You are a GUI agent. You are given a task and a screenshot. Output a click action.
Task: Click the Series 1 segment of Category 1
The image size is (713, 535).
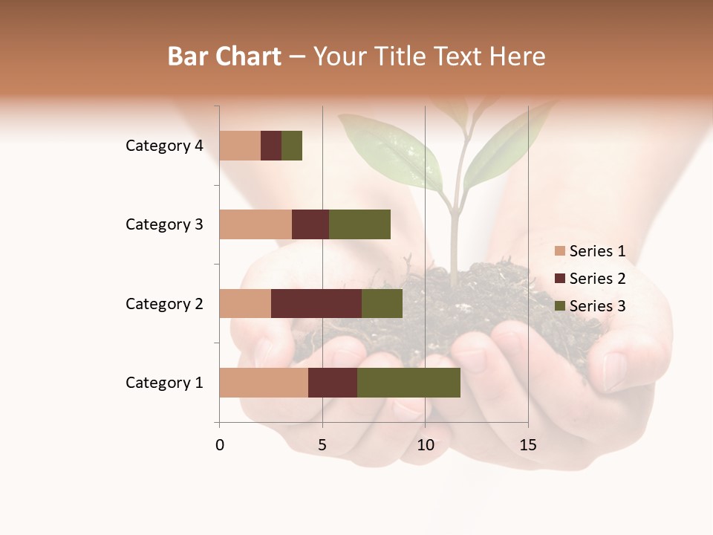(264, 383)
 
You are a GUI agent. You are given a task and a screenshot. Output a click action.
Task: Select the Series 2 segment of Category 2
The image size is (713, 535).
(316, 303)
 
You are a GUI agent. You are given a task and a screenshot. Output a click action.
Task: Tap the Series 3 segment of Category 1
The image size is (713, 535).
(408, 383)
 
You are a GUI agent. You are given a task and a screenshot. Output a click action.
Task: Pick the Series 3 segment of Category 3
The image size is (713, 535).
(359, 224)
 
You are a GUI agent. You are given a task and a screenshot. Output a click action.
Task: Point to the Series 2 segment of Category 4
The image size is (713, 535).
(271, 146)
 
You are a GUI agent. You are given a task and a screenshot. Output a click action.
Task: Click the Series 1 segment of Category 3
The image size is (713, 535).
(255, 224)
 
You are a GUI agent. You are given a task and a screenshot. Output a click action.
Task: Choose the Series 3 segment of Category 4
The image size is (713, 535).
(292, 146)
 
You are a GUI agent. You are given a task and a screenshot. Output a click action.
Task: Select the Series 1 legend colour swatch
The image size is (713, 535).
(559, 251)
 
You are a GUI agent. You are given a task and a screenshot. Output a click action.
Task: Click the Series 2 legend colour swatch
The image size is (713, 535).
(559, 279)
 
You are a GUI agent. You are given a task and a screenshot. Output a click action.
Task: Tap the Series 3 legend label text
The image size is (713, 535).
(597, 306)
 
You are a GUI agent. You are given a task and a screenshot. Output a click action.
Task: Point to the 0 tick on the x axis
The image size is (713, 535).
(220, 445)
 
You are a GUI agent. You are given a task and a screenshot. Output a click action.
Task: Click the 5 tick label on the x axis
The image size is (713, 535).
(322, 445)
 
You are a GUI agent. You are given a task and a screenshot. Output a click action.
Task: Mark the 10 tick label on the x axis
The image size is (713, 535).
(425, 445)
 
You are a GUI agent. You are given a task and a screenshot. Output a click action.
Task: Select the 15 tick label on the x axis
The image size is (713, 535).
(527, 445)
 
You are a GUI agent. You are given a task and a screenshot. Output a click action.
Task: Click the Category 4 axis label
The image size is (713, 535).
(164, 146)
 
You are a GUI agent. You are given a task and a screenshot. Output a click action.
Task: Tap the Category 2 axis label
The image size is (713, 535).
(164, 303)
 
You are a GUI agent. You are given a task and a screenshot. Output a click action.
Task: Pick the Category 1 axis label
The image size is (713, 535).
(164, 383)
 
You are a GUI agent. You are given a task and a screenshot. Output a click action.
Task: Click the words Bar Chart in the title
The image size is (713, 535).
(224, 56)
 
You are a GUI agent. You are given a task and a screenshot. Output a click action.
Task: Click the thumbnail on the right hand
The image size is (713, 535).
(614, 371)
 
